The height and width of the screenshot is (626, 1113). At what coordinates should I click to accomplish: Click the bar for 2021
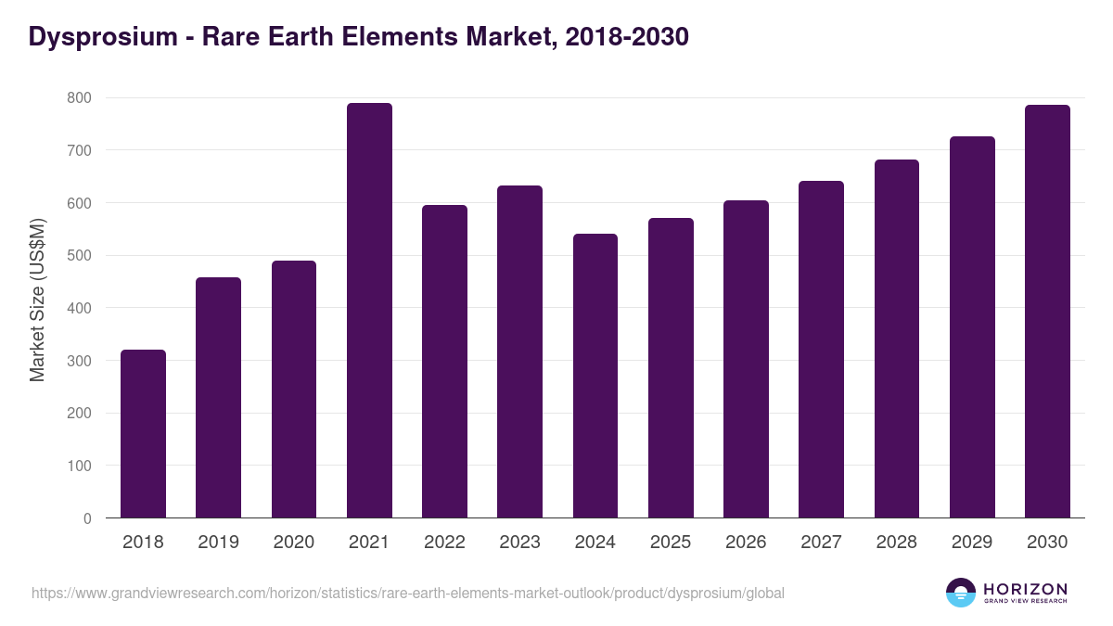coord(369,311)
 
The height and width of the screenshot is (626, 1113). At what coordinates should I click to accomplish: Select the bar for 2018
coord(143,434)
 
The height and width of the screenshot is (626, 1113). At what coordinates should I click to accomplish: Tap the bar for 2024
coord(595,376)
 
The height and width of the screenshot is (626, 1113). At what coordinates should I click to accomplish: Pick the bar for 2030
coord(1047,312)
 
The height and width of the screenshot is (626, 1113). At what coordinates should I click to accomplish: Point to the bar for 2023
coord(519,351)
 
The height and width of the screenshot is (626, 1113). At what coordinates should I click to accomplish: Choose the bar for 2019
coord(218,398)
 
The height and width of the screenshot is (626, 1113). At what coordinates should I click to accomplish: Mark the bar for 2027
coord(821,350)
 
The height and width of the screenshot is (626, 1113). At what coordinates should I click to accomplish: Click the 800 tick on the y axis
coord(79,97)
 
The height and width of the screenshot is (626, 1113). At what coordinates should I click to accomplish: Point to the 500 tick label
coord(79,255)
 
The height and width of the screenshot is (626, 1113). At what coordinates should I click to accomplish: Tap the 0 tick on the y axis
coord(87,518)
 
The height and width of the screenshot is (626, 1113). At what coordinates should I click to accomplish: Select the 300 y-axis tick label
coord(79,361)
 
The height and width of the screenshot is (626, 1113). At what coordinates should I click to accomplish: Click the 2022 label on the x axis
coord(444,543)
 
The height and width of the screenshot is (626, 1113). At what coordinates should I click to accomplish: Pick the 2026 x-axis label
coord(746,543)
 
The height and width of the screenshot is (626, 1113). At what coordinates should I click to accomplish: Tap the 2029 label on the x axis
coord(972,543)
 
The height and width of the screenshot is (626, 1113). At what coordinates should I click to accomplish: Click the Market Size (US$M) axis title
coord(37,300)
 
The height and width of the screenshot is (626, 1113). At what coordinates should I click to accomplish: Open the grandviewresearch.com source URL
coord(408,593)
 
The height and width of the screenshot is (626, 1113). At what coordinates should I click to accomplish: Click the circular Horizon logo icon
coord(961,593)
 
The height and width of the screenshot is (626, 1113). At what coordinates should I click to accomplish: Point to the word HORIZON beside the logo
coord(1025,588)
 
